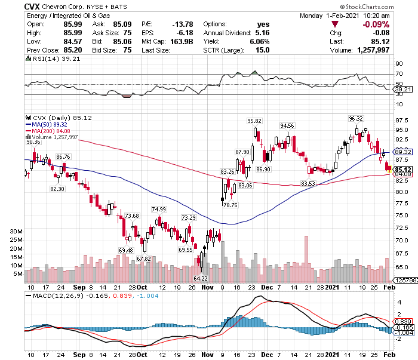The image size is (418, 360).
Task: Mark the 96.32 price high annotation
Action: click(x=356, y=118)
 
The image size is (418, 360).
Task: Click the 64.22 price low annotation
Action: click(x=201, y=278)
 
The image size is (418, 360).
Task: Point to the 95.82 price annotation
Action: click(x=256, y=121)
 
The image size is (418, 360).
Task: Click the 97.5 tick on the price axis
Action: click(x=402, y=120)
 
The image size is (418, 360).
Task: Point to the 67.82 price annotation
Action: click(x=144, y=259)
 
